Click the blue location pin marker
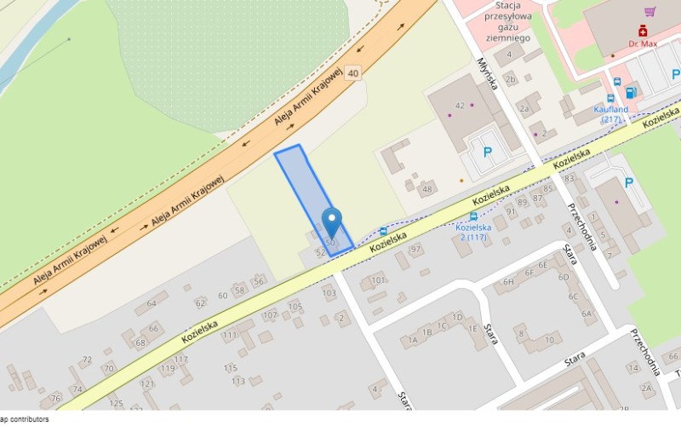click(x=331, y=222)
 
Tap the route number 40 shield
click(x=352, y=73)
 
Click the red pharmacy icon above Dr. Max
click(x=643, y=30)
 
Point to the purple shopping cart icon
click(x=650, y=11)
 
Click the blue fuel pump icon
click(x=631, y=92)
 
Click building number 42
click(x=460, y=106)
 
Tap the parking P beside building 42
click(x=488, y=152)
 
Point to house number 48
click(x=426, y=188)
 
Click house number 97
click(x=416, y=249)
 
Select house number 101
click(x=378, y=279)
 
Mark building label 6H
click(x=508, y=282)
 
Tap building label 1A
click(x=414, y=340)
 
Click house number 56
click(x=258, y=282)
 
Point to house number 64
click(x=152, y=302)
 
